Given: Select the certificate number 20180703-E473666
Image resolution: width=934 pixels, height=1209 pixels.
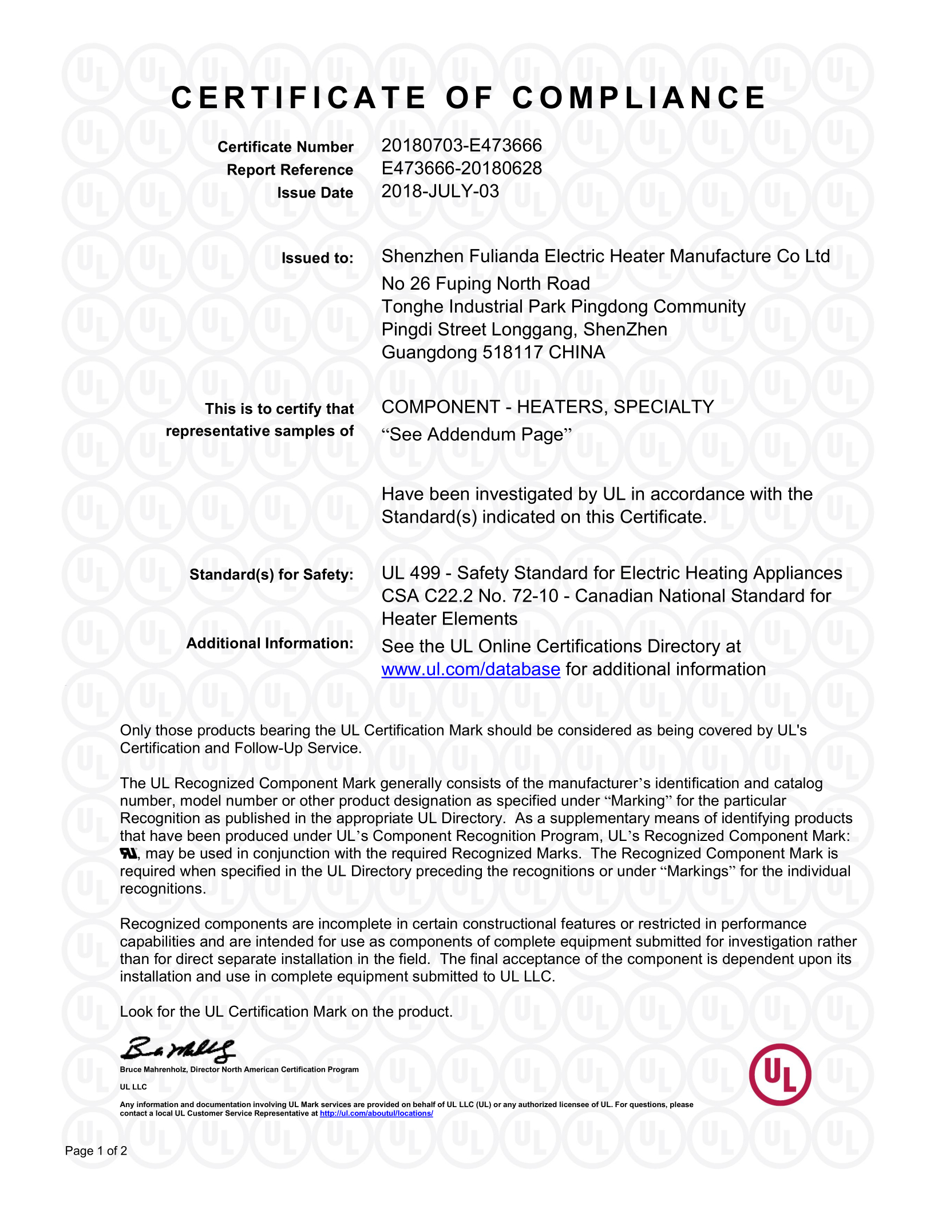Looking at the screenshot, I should (461, 145).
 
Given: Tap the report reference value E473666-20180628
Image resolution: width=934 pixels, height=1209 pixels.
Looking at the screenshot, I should (461, 168).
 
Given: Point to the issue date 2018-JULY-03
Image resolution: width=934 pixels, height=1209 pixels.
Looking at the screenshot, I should (440, 191).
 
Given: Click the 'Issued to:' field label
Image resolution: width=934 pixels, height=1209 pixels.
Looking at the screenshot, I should (317, 258).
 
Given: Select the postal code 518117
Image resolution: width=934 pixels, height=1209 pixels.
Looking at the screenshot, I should (513, 353).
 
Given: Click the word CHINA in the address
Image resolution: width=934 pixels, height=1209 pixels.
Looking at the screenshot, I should (576, 353).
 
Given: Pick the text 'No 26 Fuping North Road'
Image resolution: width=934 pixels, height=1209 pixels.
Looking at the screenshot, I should (485, 284).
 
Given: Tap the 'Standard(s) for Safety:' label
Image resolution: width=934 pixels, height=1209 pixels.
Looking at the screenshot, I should (271, 575).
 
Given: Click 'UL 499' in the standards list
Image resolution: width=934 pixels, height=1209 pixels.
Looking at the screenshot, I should (411, 573).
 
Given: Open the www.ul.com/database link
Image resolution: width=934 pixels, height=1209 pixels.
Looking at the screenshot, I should (470, 670).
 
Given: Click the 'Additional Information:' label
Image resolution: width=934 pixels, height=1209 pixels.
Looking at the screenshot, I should (270, 643).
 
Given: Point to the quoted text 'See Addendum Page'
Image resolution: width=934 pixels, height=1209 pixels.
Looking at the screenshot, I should (477, 435).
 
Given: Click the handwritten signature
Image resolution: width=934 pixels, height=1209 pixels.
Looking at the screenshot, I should (177, 1049).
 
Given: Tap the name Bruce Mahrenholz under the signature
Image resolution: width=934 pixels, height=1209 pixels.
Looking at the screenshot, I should (153, 1069).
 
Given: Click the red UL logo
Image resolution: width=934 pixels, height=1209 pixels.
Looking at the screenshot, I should (779, 1074).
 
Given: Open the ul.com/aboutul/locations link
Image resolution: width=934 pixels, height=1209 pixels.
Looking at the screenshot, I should (376, 1113).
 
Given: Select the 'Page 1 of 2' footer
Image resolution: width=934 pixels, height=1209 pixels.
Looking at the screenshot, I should (96, 1151).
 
